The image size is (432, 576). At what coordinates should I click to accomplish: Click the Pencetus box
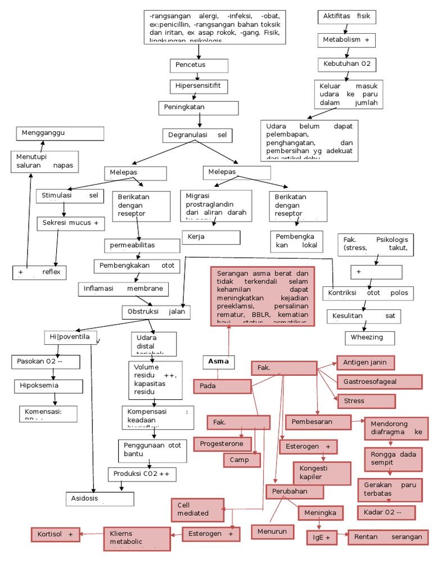[x=199, y=66]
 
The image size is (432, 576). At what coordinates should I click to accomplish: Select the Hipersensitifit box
[x=199, y=87]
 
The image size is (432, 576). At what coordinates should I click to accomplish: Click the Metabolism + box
[x=346, y=40]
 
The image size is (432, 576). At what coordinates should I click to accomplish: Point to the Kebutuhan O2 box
[x=346, y=65]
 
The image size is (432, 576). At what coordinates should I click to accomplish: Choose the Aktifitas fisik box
[x=346, y=17]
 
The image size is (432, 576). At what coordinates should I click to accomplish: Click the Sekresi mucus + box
[x=71, y=223]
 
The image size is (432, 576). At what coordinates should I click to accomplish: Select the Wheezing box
[x=370, y=337]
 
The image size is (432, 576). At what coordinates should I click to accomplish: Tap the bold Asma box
[x=219, y=362]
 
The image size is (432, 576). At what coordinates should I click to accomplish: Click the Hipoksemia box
[x=48, y=386]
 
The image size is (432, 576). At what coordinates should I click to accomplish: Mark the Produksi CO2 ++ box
[x=141, y=474]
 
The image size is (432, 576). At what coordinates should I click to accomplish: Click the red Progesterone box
[x=222, y=444]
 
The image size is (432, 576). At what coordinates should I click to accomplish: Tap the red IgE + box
[x=321, y=538]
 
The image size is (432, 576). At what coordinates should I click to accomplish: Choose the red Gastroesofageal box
[x=379, y=382]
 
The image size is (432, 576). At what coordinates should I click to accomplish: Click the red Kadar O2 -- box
[x=386, y=512]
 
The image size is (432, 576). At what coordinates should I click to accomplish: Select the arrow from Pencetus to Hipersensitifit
[x=199, y=76]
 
